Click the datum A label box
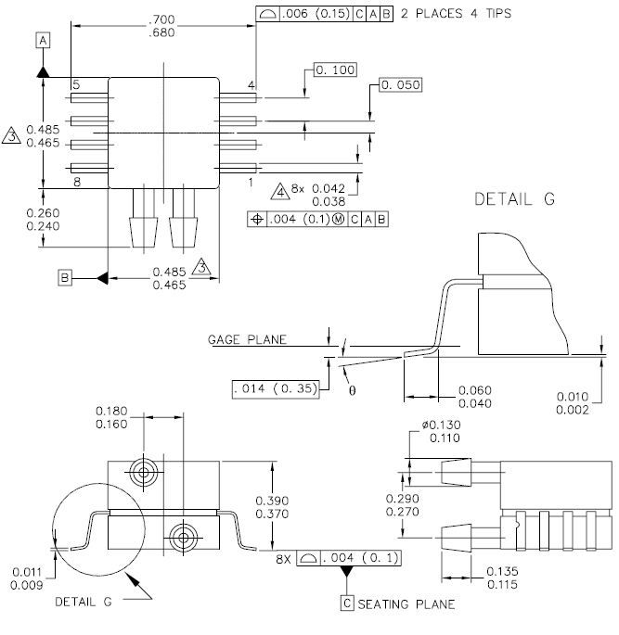(43, 41)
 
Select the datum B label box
(65, 278)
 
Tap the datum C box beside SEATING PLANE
(347, 603)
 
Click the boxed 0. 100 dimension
(335, 70)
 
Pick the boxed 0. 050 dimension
(401, 84)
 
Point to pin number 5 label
(76, 84)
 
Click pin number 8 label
(77, 183)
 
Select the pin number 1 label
(251, 183)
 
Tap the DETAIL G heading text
(514, 198)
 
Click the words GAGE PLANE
(247, 339)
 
